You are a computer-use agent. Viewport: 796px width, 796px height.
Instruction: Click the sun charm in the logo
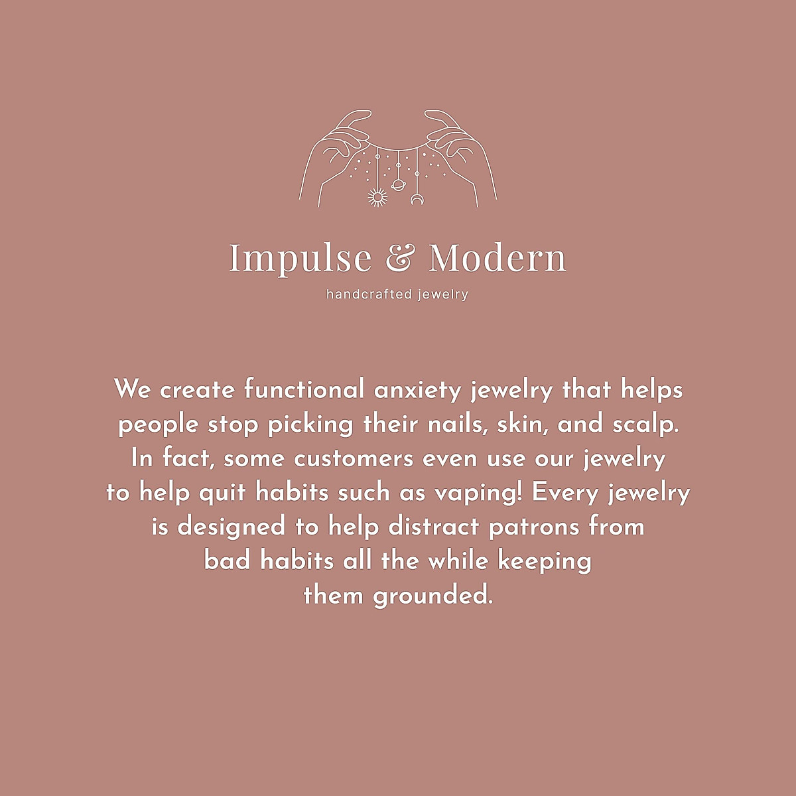377,197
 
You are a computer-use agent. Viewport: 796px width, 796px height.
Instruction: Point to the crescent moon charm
417,198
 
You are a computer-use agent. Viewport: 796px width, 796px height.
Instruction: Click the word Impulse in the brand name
300,258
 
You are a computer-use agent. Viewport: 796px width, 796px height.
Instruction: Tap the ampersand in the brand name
400,258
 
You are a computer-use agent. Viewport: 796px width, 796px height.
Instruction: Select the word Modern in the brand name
497,258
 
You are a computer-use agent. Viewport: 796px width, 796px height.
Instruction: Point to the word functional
304,389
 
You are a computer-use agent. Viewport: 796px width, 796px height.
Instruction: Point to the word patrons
534,527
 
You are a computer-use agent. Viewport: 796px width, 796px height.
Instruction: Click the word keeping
545,562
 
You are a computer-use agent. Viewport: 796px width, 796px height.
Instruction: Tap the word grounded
433,596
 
